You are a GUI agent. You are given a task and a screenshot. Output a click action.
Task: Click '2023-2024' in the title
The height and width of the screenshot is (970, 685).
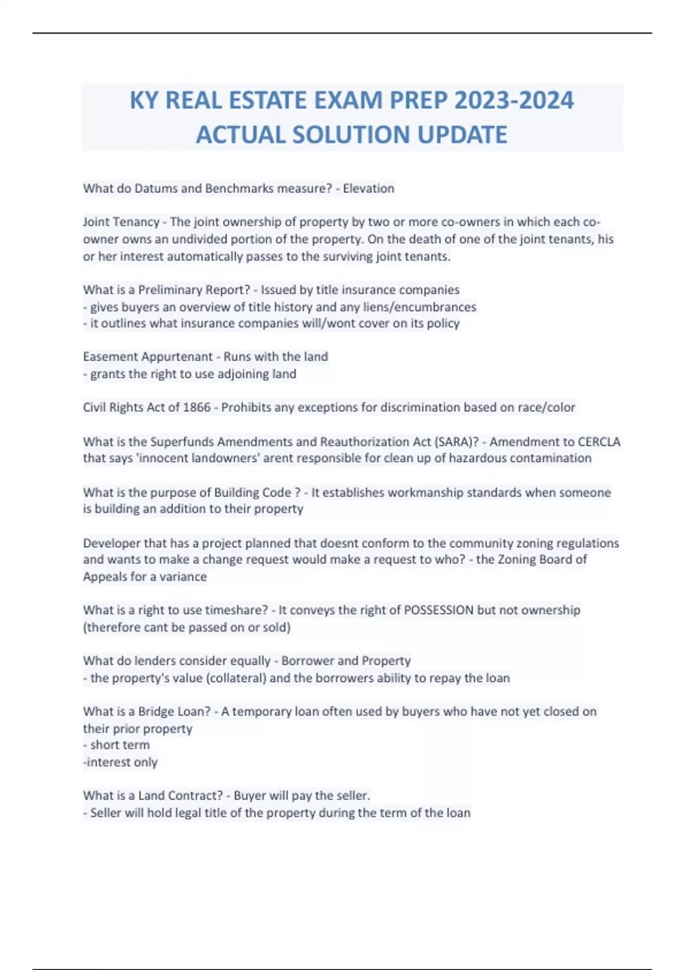[x=514, y=100]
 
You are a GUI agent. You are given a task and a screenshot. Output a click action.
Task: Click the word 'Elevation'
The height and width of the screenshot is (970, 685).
[x=368, y=188]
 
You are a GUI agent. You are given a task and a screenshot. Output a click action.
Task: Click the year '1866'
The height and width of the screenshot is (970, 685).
[x=196, y=407]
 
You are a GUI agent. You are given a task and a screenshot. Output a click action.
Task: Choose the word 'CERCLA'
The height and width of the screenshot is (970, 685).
[x=599, y=442]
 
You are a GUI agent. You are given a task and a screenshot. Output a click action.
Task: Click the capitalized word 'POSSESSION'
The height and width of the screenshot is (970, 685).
[x=438, y=610]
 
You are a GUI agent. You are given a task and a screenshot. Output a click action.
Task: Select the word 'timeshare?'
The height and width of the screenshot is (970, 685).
[x=236, y=610]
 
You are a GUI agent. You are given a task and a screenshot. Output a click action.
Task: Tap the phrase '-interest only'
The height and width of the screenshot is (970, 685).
[x=120, y=762]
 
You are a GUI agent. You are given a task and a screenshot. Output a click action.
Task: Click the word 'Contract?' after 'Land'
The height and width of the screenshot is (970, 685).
[x=196, y=795]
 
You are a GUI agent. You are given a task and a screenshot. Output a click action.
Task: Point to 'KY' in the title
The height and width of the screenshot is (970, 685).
[x=144, y=100]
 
